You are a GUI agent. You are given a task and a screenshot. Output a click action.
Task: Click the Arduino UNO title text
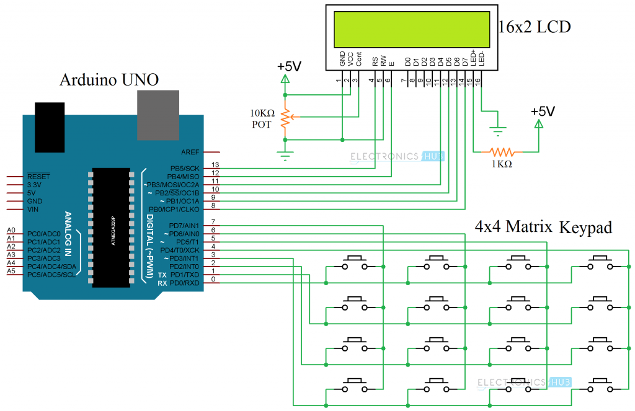109,80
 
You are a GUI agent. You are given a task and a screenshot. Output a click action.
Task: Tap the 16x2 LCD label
535,27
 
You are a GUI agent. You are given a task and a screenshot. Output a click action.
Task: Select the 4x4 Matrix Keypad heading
543,227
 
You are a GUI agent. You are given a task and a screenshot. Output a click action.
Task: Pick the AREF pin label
190,152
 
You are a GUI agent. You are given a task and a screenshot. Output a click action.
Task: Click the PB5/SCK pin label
185,168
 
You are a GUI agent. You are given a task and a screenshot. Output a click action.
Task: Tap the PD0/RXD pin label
185,283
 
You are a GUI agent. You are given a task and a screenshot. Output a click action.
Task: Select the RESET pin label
39,177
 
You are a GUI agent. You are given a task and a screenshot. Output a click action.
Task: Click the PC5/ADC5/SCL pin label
51,274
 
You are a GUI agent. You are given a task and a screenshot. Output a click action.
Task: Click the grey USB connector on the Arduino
158,115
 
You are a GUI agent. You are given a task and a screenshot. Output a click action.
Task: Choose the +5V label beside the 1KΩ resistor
543,112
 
